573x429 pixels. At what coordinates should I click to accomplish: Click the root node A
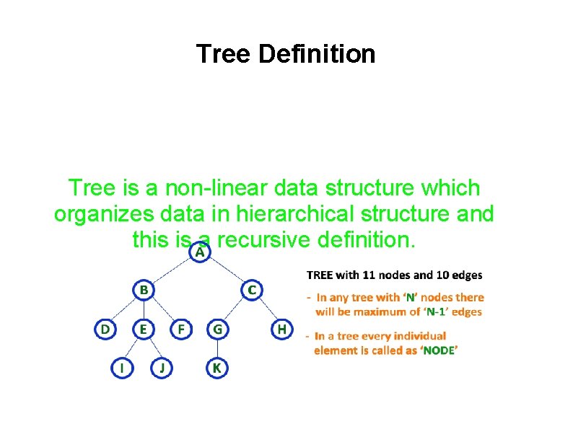tap(200, 253)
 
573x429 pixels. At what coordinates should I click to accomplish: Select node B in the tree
tap(144, 290)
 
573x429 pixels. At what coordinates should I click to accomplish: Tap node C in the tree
tap(251, 290)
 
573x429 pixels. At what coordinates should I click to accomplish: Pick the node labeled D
tap(105, 330)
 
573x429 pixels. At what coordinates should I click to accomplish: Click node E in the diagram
tap(144, 330)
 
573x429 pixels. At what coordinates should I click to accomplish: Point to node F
tap(180, 330)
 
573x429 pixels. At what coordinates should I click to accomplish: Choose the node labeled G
tap(216, 330)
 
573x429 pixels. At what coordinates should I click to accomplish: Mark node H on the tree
tap(281, 330)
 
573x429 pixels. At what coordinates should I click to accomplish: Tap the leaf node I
tap(123, 368)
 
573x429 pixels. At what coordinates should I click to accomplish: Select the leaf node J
tap(162, 368)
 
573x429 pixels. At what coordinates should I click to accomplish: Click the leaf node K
tap(216, 368)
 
